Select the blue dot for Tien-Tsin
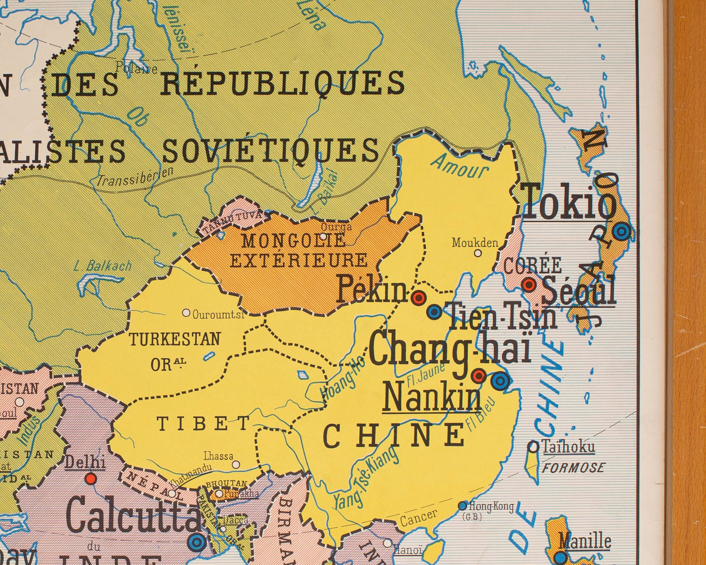[x=435, y=312]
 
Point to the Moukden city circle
[x=478, y=253]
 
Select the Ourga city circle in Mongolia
[x=323, y=236]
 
